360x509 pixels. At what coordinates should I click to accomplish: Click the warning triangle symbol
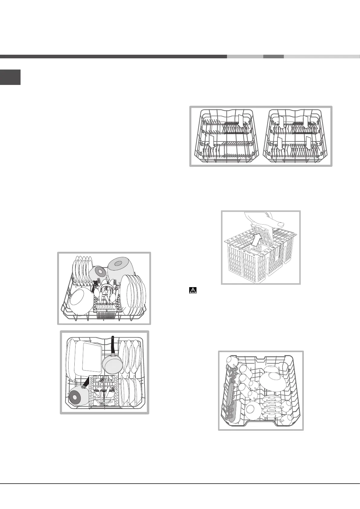click(x=193, y=290)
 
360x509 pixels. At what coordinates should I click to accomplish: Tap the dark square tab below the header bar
click(x=10, y=77)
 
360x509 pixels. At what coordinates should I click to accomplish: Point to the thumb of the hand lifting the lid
click(x=279, y=224)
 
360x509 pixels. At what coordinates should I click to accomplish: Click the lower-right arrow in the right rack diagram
click(x=308, y=143)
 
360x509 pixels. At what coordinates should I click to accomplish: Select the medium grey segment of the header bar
click(x=273, y=57)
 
